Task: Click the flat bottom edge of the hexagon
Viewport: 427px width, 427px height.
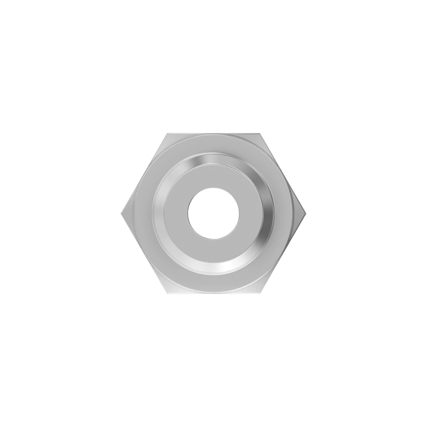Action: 213,294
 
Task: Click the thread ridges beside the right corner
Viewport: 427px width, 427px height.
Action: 295,213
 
